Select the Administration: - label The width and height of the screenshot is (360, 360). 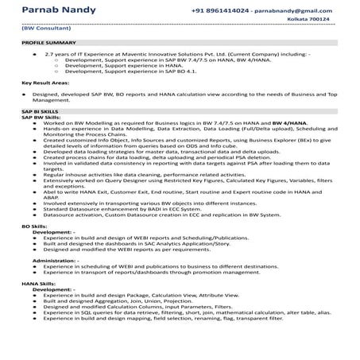point(56,259)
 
